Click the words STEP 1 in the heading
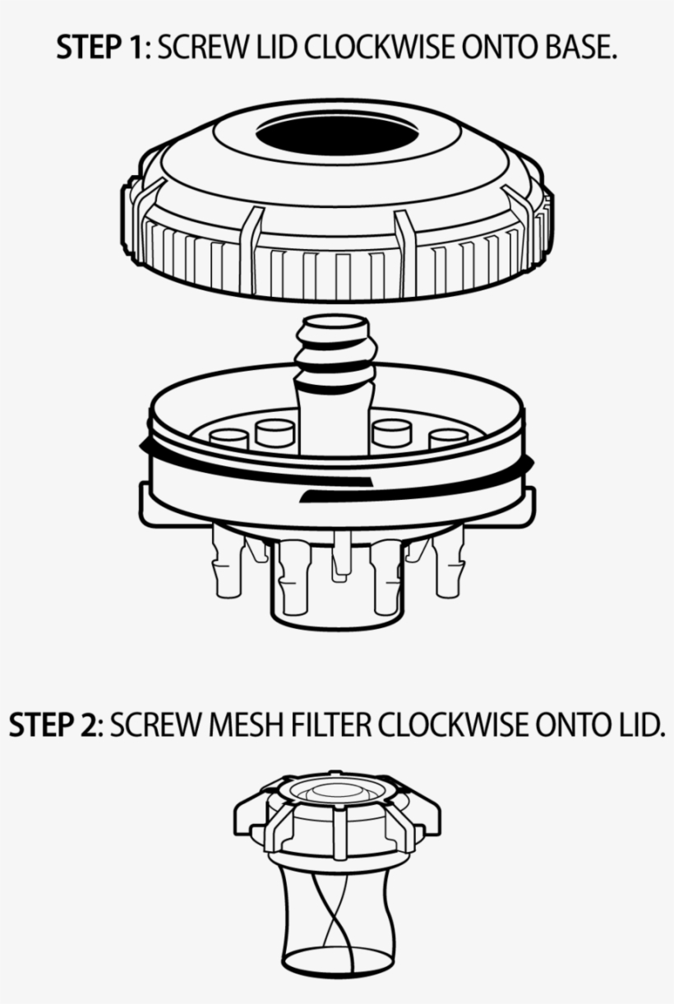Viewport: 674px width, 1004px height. [x=99, y=49]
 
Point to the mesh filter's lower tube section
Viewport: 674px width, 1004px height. [x=335, y=905]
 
